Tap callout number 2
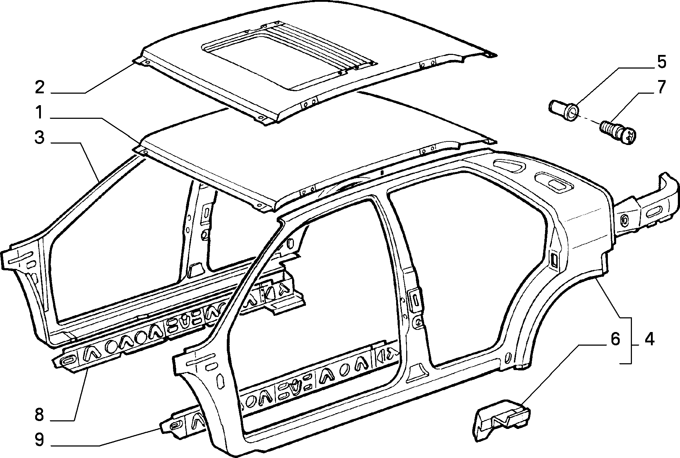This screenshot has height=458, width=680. [x=40, y=87]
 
